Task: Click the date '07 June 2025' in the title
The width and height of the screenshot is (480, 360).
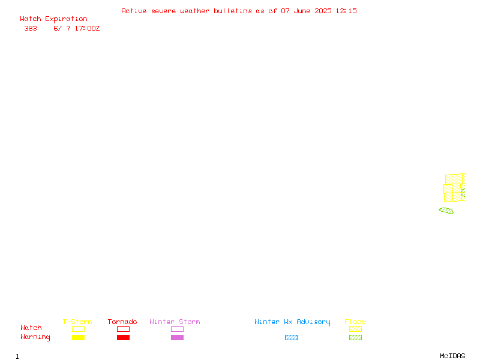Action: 306,11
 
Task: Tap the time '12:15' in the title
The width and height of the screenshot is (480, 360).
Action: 346,11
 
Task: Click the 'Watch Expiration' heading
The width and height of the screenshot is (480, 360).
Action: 53,19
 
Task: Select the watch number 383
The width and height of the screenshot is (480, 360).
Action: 31,28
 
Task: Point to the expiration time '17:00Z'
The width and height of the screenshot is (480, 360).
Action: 87,28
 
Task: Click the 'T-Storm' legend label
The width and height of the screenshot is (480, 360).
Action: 77,322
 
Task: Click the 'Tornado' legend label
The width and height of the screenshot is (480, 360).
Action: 122,322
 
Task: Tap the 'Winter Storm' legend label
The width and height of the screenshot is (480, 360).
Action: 175,322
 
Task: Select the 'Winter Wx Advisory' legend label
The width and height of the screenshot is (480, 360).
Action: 292,322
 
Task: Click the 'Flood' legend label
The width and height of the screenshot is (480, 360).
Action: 355,322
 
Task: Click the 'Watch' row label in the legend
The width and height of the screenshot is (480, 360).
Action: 31,328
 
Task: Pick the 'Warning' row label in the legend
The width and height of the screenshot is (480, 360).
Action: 35,337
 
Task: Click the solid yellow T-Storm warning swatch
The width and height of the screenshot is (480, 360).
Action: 79,337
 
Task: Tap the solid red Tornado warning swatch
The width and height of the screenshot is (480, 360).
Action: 124,337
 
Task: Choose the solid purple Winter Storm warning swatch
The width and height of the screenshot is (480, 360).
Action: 177,337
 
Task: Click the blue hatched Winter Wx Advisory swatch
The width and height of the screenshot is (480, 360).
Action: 291,337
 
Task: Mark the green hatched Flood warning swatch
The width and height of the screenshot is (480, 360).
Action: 355,337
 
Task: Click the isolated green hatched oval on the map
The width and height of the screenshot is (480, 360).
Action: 446,211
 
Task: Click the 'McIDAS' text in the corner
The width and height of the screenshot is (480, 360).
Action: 452,356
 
